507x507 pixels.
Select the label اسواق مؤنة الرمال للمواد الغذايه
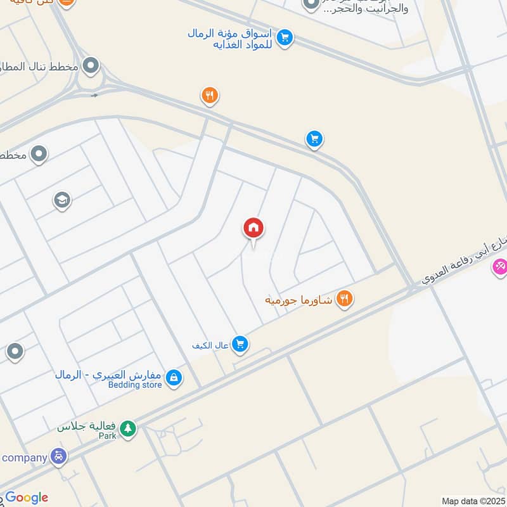tap(230, 38)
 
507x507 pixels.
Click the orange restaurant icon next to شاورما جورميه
tap(344, 298)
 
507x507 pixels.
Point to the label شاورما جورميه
tap(298, 299)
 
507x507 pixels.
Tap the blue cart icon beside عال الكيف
tap(240, 344)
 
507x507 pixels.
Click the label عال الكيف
tap(210, 345)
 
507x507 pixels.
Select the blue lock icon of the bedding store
tap(174, 379)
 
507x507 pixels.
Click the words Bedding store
tap(135, 385)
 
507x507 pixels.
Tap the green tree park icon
tap(128, 429)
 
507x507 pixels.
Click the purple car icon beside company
tap(59, 456)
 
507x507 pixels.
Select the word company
tap(24, 458)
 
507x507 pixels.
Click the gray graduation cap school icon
tap(61, 200)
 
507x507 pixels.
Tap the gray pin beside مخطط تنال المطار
tap(92, 65)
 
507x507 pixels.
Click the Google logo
tap(27, 498)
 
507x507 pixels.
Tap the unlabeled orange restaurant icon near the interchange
tap(210, 96)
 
